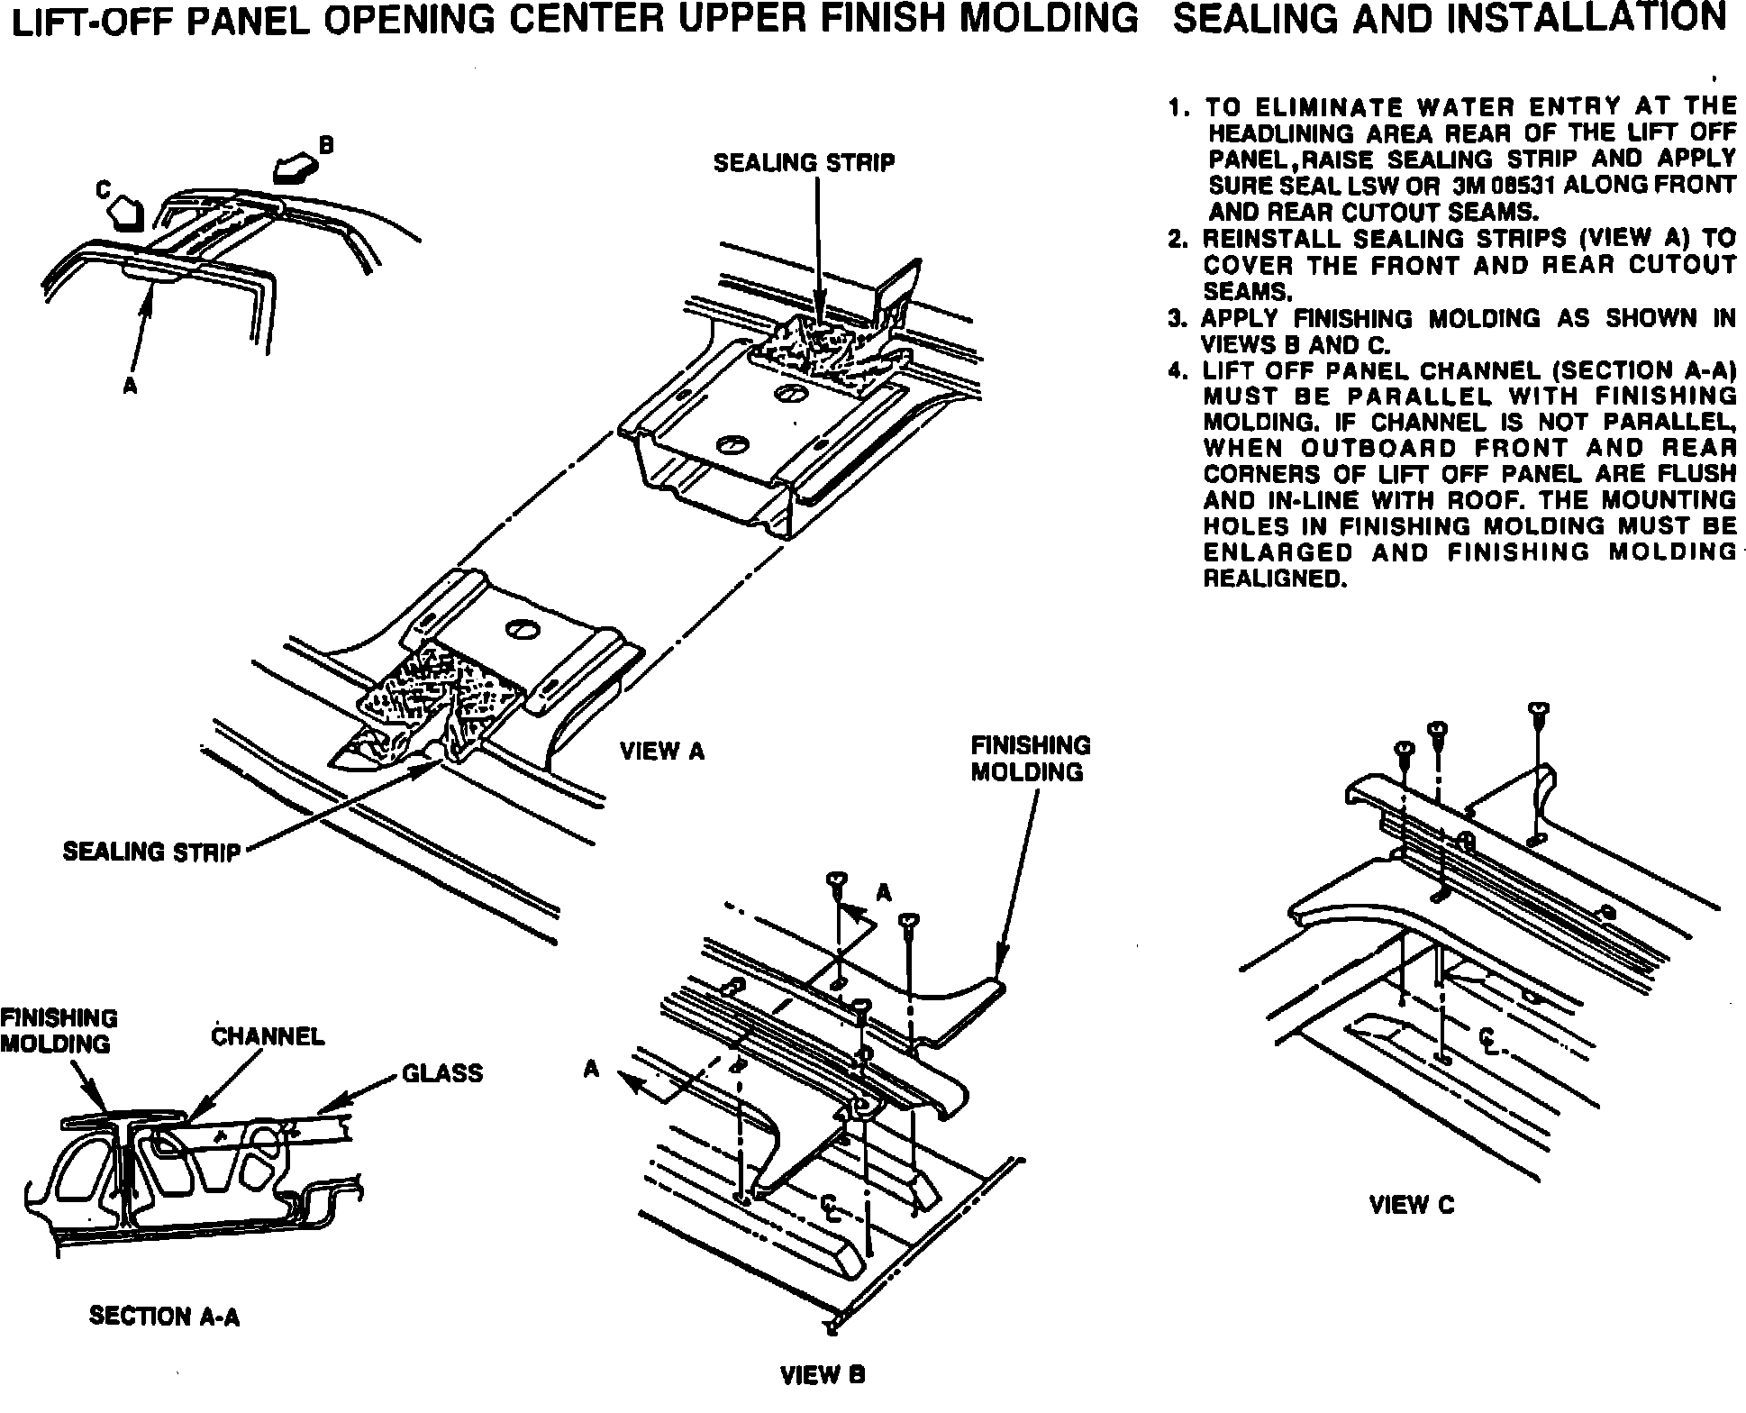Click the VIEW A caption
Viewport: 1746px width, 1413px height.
[662, 751]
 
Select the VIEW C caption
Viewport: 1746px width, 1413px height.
[1412, 1205]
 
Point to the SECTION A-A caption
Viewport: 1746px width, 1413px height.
[165, 1316]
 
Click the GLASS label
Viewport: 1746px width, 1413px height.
[441, 1073]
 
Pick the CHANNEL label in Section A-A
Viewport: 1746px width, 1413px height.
[268, 1036]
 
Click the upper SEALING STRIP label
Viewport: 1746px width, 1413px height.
[805, 163]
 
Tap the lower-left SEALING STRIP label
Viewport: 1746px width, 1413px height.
[151, 852]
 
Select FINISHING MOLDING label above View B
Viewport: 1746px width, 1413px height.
[1030, 759]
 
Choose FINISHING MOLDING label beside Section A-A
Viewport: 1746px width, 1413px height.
[59, 1031]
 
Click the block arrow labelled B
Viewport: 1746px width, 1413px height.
[296, 166]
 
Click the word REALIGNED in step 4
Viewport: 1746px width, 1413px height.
[1275, 579]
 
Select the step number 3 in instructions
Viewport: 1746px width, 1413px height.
[1174, 319]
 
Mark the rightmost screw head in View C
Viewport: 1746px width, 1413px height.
[1539, 710]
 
